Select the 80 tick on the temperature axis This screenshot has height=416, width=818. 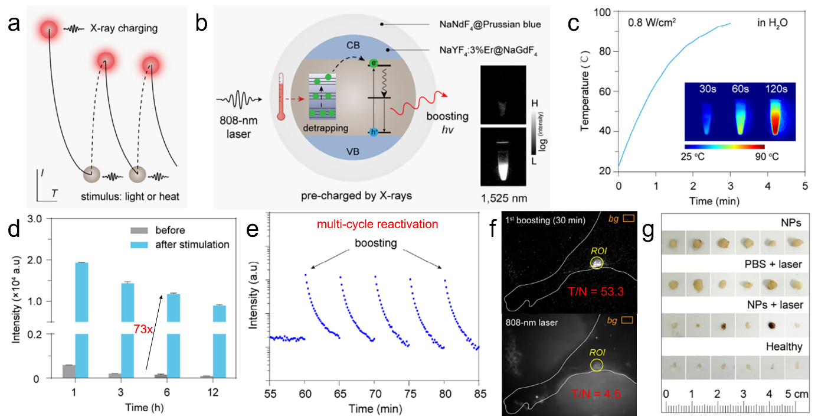click(x=606, y=52)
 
